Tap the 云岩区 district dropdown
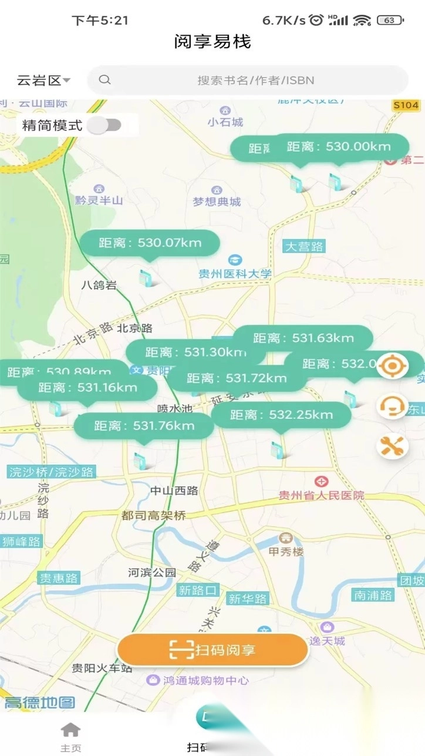43,80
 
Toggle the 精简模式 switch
104,125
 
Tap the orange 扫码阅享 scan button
212,650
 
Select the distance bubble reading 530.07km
150,243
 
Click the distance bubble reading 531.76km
144,426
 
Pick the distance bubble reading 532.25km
281,415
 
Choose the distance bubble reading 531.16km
87,388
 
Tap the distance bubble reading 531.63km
303,338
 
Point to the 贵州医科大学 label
235,273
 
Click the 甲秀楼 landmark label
286,552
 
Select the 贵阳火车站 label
102,668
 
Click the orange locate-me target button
392,367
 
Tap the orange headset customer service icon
392,406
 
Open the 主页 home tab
70,735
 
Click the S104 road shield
406,105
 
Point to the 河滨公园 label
152,572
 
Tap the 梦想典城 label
217,201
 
